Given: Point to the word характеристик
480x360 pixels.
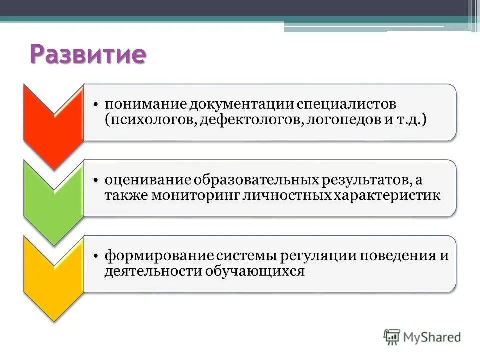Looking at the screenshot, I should click(387, 196).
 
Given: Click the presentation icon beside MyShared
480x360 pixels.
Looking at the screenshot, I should click(392, 336).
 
